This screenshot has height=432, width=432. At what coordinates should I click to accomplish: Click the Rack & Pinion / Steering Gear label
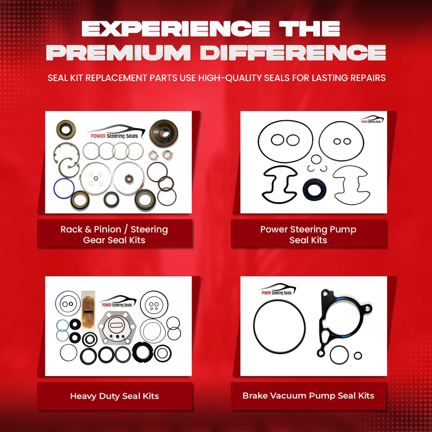[114, 234]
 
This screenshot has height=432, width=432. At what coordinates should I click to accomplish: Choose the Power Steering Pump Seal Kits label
[308, 234]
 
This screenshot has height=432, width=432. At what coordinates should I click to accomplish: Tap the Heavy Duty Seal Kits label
[114, 396]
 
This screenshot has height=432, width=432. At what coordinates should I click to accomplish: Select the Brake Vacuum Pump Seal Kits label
[308, 396]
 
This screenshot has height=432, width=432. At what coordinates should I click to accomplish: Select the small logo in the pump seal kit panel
[372, 120]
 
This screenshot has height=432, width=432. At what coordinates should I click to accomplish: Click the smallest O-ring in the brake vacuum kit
[358, 355]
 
